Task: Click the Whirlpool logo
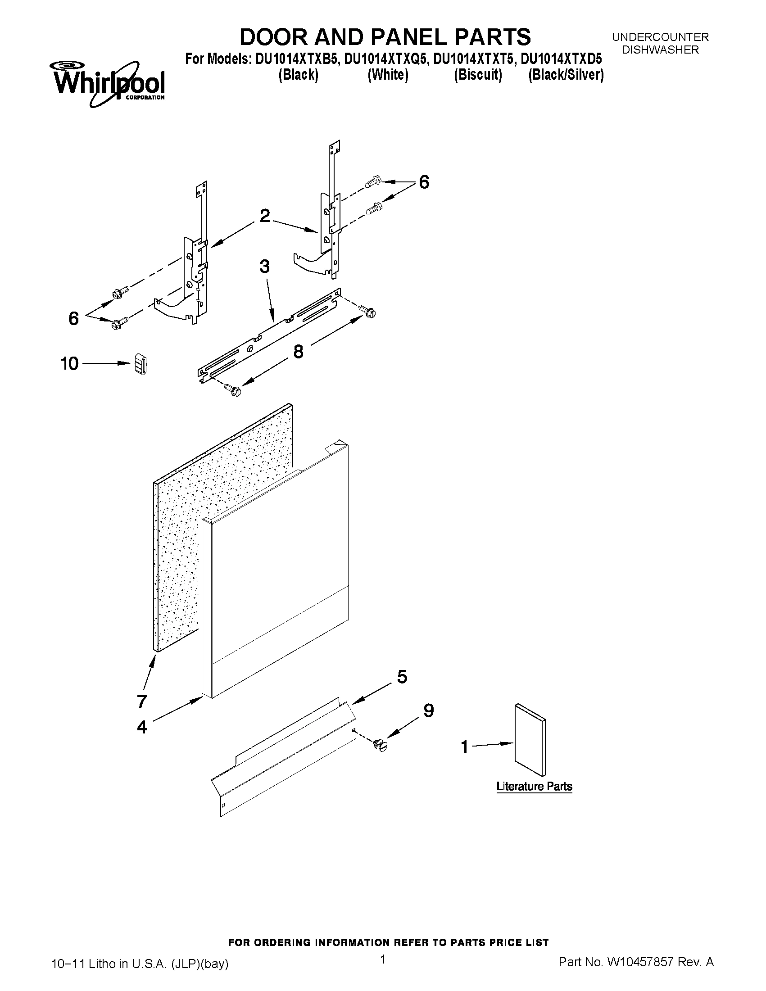pos(109,84)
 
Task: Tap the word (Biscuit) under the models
pos(478,75)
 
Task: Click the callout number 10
pos(69,363)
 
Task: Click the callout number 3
pos(264,267)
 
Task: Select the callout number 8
pos(298,351)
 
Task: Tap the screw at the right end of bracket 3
pos(368,311)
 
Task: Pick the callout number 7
pos(142,701)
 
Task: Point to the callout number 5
pos(402,677)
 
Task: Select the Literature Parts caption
pos(534,786)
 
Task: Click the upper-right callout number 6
pos(423,182)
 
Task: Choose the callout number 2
pos(264,216)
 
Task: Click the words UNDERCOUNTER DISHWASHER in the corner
pos(660,44)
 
